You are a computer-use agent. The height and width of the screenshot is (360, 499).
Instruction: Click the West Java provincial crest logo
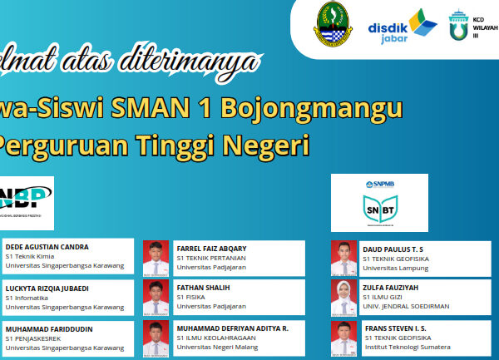click(x=333, y=25)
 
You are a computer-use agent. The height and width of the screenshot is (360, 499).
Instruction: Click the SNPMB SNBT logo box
click(x=379, y=202)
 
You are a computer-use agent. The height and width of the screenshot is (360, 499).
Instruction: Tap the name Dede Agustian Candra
click(x=47, y=247)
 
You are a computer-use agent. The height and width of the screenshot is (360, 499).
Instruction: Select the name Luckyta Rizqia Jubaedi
click(x=47, y=288)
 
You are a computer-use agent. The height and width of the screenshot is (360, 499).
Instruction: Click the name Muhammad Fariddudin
click(x=49, y=328)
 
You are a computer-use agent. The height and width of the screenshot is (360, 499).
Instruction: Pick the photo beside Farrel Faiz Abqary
click(x=156, y=256)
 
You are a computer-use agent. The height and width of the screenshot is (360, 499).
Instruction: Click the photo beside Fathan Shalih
click(x=156, y=297)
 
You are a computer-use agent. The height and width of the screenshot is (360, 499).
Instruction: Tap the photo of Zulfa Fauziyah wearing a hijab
click(x=343, y=297)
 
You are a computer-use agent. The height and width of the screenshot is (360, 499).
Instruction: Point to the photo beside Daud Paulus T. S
click(x=343, y=256)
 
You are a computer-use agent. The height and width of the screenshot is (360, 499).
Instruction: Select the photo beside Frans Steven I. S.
click(x=343, y=337)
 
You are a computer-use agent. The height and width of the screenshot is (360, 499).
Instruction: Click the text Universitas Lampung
click(x=396, y=267)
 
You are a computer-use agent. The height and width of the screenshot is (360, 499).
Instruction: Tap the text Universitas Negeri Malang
click(x=220, y=348)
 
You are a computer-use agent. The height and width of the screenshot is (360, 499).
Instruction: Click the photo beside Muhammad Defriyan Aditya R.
click(x=156, y=337)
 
